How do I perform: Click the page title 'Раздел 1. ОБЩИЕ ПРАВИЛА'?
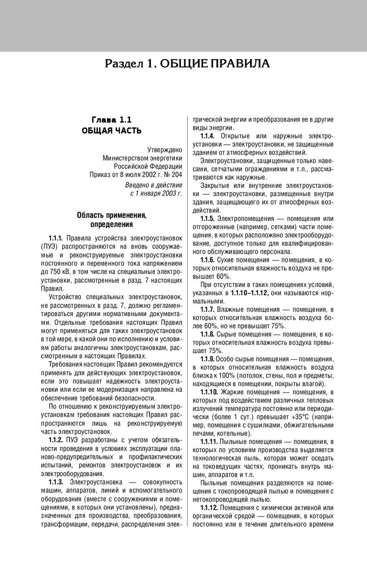(187, 64)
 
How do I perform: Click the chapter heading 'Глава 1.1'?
(112, 120)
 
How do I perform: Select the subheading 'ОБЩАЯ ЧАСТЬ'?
(112, 131)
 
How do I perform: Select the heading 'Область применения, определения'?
(112, 220)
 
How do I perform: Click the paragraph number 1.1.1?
(56, 238)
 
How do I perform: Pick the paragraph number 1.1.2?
(56, 440)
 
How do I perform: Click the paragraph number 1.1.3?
(56, 482)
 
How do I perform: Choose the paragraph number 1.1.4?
(208, 136)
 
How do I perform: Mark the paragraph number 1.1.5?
(208, 219)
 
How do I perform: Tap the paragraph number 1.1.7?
(208, 309)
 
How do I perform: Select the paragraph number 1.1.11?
(209, 442)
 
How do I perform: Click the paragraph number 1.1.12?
(209, 508)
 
